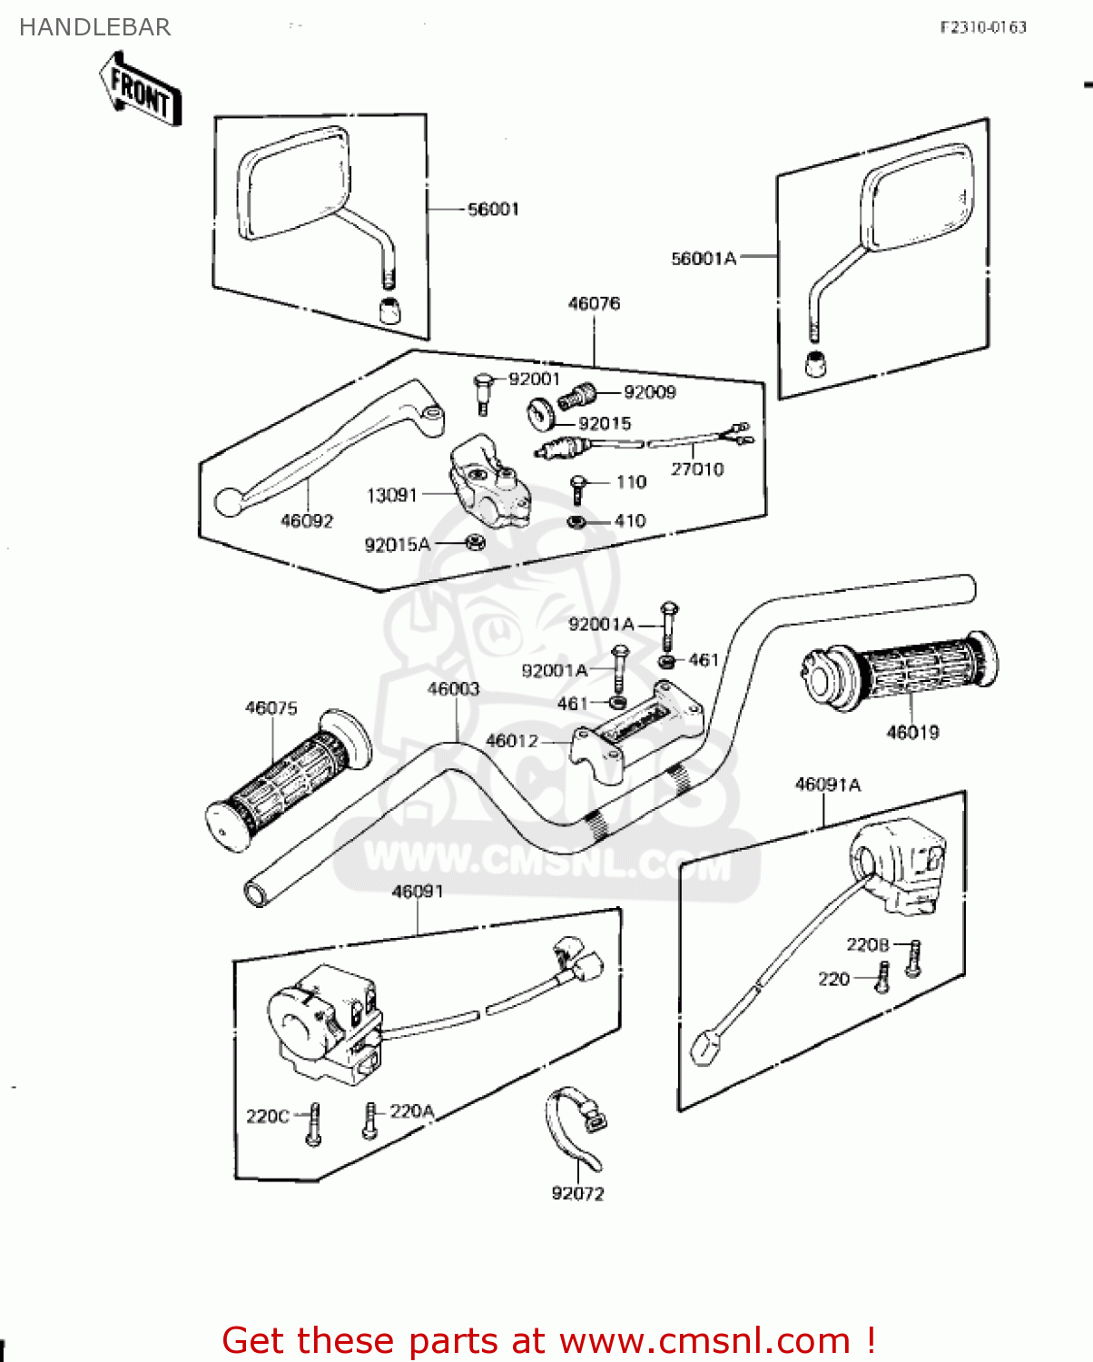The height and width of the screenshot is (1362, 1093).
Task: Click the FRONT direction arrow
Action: click(x=141, y=88)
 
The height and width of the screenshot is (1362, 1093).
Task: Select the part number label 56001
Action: click(x=493, y=210)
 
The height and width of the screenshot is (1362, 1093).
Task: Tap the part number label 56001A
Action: click(x=703, y=259)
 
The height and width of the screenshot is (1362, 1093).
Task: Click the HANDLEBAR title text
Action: click(x=94, y=27)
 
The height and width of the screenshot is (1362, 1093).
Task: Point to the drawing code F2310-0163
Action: click(x=982, y=27)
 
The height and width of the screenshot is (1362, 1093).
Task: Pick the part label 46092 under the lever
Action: click(x=307, y=521)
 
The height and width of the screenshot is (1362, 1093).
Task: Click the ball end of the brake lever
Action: click(x=229, y=501)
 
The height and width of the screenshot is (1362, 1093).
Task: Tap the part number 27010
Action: click(x=697, y=469)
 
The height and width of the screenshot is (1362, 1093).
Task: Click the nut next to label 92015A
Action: click(x=475, y=543)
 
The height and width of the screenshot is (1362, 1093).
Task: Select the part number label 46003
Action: click(x=453, y=689)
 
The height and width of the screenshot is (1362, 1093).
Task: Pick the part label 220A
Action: click(x=412, y=1111)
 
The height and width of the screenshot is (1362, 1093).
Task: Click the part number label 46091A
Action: click(x=827, y=785)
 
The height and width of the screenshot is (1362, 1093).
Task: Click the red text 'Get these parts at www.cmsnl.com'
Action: click(x=548, y=1340)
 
